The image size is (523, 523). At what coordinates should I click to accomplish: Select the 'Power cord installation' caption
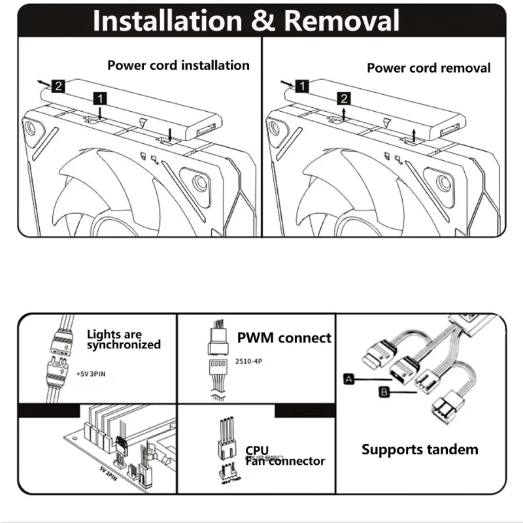(178, 65)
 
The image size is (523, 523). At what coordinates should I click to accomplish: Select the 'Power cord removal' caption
(428, 68)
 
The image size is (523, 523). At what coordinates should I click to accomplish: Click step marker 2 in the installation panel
(58, 86)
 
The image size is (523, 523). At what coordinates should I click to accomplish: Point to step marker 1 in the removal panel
(301, 86)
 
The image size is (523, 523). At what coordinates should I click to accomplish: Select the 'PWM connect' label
(284, 338)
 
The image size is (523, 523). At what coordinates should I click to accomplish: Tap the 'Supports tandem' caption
(420, 450)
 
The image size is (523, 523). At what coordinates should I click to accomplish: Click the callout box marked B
(384, 392)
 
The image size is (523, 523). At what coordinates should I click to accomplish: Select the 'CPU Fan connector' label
(284, 456)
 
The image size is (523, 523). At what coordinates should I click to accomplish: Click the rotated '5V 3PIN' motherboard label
(113, 471)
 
